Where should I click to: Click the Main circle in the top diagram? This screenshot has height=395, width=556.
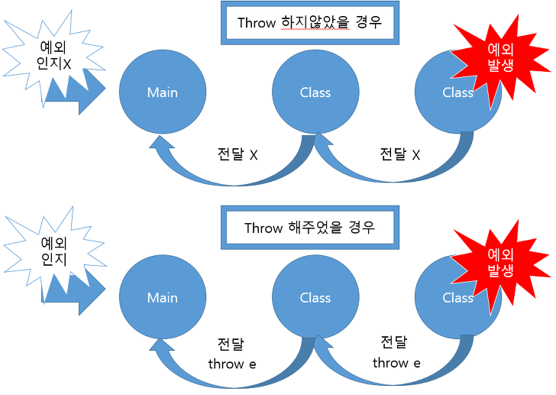coord(162,92)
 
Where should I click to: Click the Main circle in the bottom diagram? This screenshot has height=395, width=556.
coord(162,298)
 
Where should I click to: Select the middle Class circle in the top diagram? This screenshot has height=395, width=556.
coord(315,92)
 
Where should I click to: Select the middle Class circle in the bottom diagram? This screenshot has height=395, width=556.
coord(315,298)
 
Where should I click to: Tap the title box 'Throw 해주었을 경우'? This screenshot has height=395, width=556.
coord(309,228)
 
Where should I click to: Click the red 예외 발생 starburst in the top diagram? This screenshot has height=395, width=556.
coord(499,58)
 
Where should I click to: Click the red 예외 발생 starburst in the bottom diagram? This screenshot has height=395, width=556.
coord(500,261)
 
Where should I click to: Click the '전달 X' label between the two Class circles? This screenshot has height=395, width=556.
coord(400,154)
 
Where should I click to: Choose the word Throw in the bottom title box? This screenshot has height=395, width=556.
coord(263,228)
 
